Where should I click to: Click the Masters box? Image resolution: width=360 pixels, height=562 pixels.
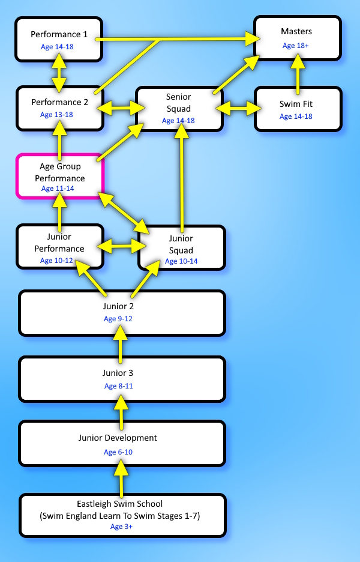click(298, 38)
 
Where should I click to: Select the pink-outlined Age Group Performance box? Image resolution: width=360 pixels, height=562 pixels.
click(60, 176)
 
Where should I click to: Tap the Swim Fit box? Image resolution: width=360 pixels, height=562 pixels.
click(298, 109)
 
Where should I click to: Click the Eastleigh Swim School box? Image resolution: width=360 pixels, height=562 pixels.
click(122, 515)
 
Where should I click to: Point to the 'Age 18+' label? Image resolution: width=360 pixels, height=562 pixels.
click(296, 46)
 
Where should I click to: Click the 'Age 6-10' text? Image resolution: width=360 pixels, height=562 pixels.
click(118, 452)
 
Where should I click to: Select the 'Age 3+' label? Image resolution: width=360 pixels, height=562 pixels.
click(121, 527)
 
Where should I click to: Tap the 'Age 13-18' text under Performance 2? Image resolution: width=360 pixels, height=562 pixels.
click(56, 115)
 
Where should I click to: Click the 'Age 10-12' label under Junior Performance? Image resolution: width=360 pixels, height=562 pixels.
click(56, 261)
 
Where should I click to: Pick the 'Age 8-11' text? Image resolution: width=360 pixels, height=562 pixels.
click(119, 386)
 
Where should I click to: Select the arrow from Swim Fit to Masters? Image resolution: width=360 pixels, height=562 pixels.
click(298, 74)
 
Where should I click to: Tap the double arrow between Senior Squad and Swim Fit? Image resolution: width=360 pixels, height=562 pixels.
click(239, 108)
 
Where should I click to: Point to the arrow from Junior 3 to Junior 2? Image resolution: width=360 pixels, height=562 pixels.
click(121, 345)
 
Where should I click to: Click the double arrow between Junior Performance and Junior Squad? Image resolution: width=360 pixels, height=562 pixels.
click(121, 246)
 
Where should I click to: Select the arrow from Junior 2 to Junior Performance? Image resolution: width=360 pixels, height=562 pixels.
click(91, 279)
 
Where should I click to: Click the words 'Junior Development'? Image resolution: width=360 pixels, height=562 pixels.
click(118, 438)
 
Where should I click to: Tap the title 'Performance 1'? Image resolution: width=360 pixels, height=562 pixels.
click(59, 34)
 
